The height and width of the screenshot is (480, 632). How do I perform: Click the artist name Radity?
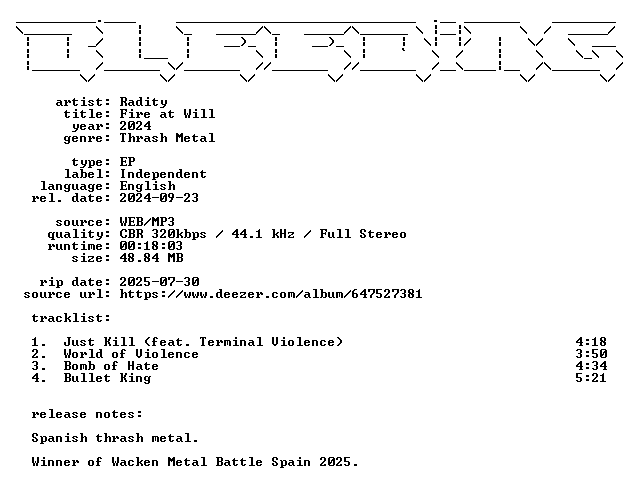coord(143,102)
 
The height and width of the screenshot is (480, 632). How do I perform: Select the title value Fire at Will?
coord(167,114)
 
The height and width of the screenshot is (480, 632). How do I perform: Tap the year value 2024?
coord(135,126)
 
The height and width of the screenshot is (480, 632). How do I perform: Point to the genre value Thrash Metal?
coord(167,138)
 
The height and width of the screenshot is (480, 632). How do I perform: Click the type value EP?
coord(127,162)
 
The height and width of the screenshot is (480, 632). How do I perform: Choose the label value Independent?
coord(163,174)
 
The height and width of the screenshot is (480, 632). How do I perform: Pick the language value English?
coord(148,186)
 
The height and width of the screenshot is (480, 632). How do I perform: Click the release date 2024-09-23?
coord(159,198)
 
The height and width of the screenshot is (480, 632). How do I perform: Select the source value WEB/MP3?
coord(147,222)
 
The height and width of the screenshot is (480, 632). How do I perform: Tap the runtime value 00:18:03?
coord(151,246)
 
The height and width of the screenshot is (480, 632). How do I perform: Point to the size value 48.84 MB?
coord(152,258)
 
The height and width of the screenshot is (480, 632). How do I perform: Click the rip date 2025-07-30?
coord(160,282)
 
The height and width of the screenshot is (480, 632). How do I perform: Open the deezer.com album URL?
coord(271,294)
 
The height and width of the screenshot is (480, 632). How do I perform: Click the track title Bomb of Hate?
coord(111,366)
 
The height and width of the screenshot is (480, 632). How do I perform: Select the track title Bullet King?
coord(107,378)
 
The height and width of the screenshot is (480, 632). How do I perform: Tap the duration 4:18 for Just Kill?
coord(591,342)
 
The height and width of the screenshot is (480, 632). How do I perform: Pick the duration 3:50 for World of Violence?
coord(591,354)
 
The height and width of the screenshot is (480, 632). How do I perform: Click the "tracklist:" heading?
coord(71,318)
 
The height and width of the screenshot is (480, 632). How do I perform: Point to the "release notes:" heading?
coord(87,414)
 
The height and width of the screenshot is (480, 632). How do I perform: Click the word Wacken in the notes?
coord(135,462)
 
